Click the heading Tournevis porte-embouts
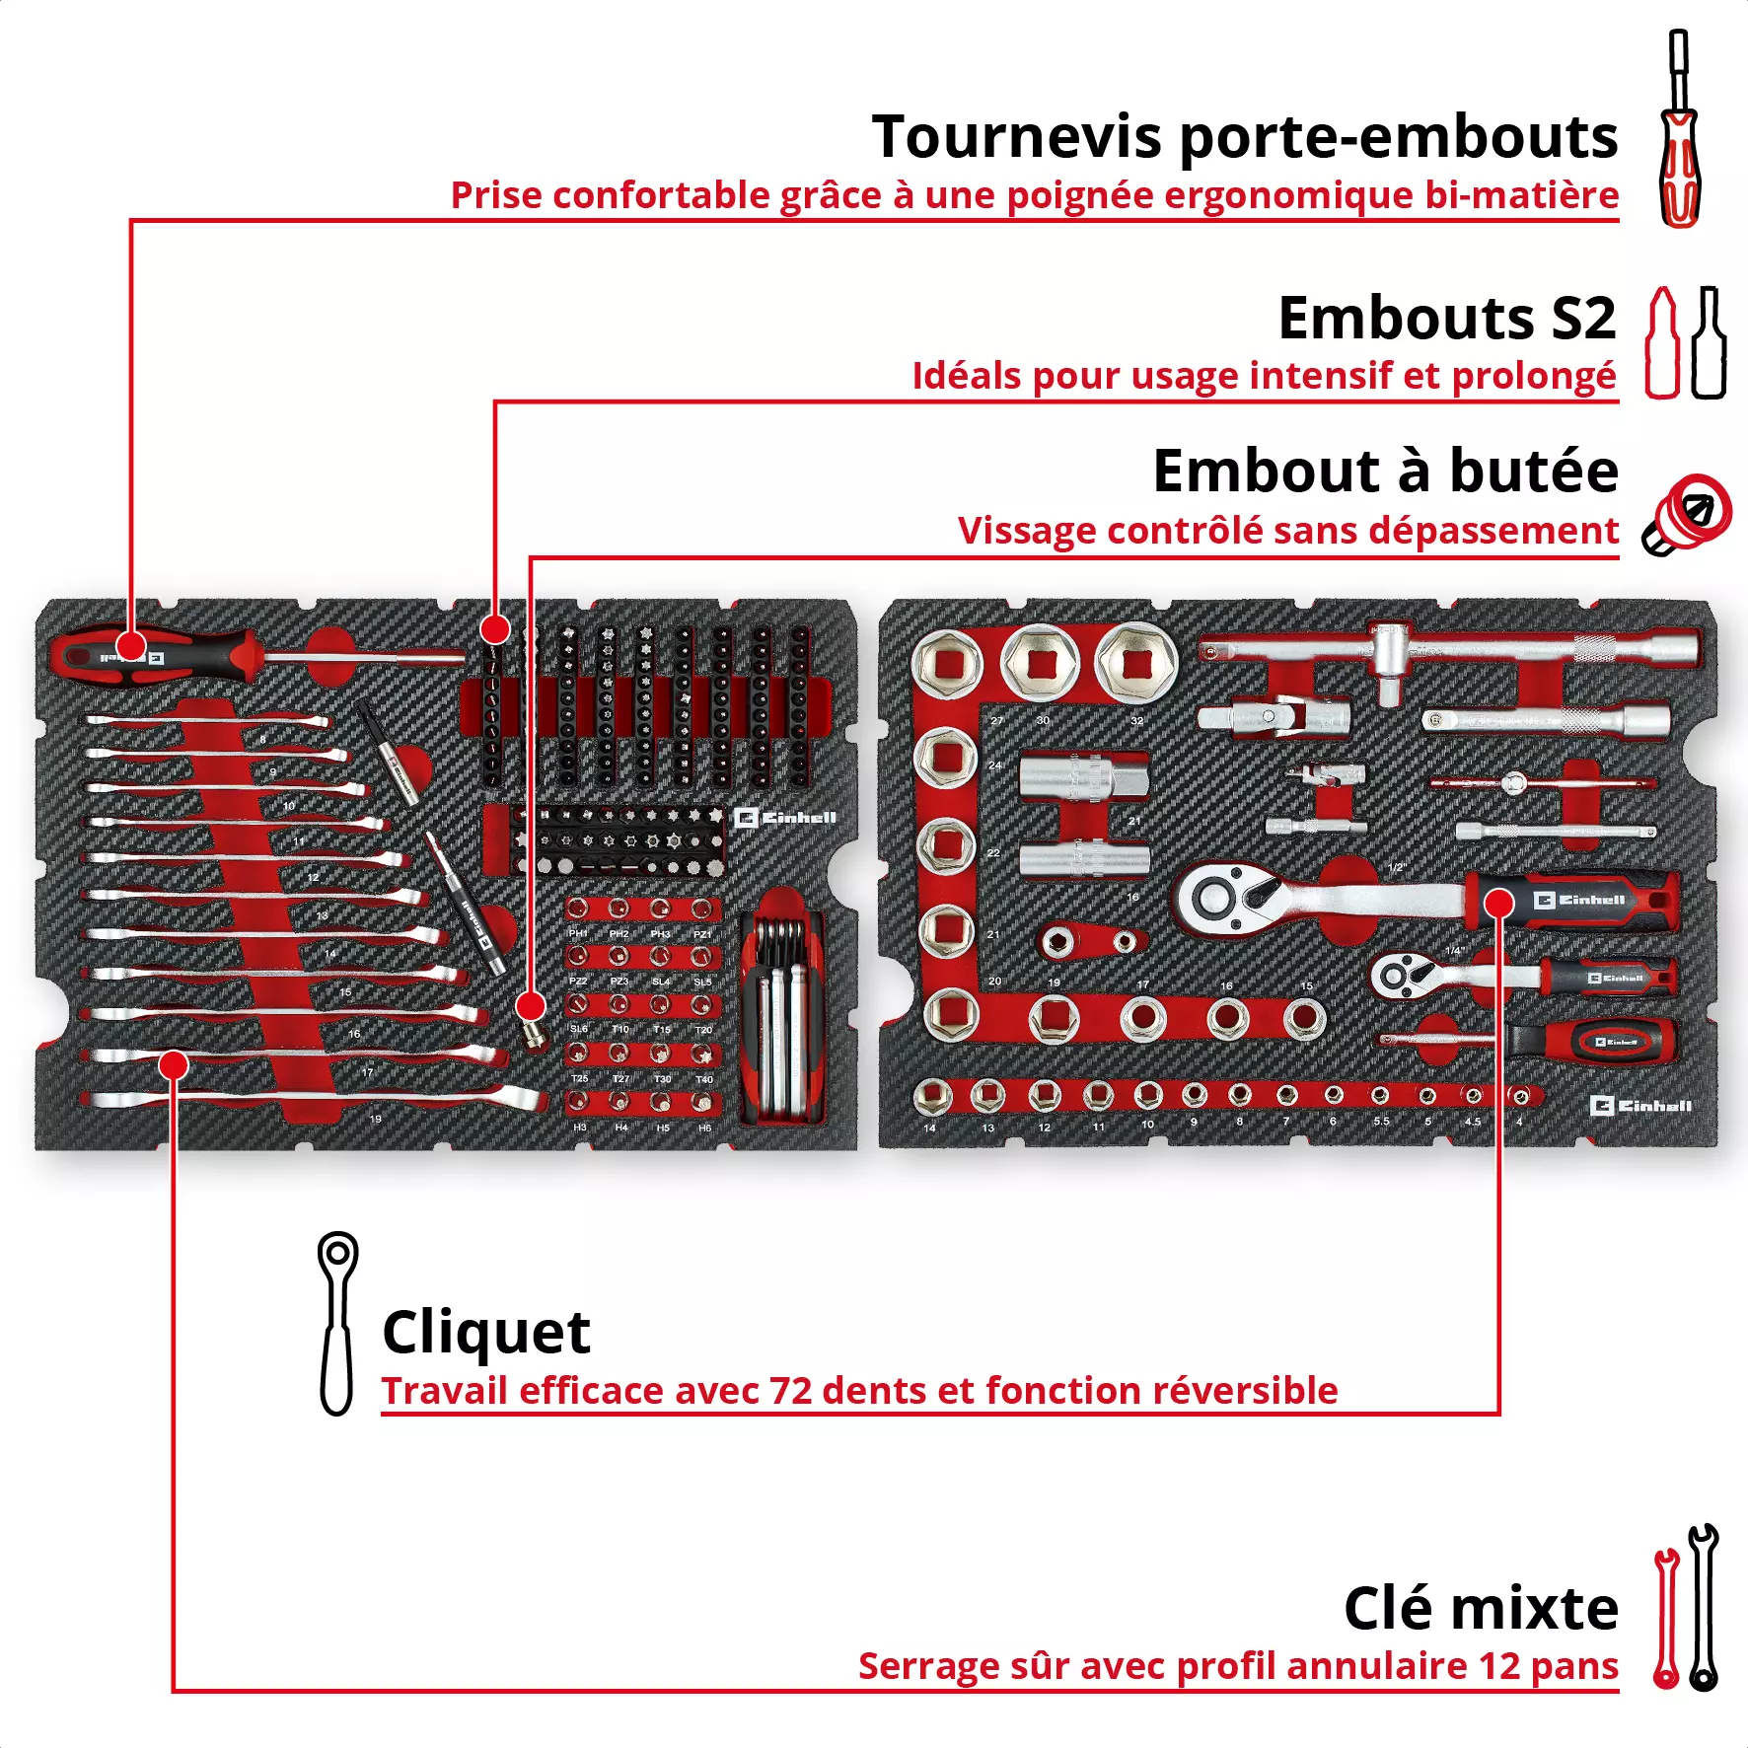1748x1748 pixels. (x=1244, y=136)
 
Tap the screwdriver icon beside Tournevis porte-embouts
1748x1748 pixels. (x=1679, y=128)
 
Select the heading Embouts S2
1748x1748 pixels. (x=1446, y=319)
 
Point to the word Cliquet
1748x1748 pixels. (x=485, y=1333)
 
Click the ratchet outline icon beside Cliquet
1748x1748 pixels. (x=337, y=1322)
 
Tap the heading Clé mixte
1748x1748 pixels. (x=1480, y=1609)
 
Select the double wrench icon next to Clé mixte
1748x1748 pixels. (x=1686, y=1608)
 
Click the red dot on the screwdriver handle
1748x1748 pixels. (x=131, y=647)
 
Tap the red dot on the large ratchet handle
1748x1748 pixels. (x=1498, y=903)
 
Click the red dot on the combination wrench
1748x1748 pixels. (x=174, y=1064)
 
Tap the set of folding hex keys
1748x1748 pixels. (x=779, y=1016)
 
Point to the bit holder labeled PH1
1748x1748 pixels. (x=578, y=909)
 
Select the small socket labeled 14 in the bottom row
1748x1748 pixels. (x=930, y=1095)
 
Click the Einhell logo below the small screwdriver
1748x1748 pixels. (x=1640, y=1106)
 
